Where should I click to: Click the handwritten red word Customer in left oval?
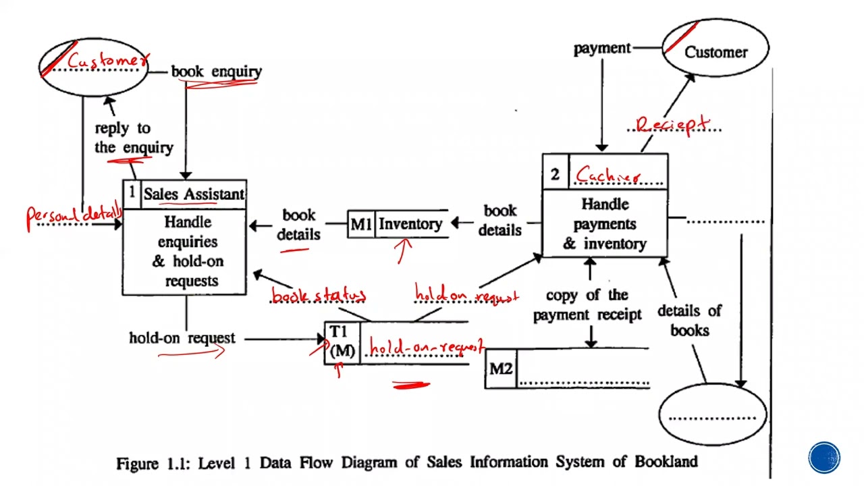pyautogui.click(x=107, y=62)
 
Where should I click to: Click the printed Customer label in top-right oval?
pyautogui.click(x=715, y=52)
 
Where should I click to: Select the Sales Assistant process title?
pyautogui.click(x=194, y=194)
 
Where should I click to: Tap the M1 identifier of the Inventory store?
pyautogui.click(x=360, y=224)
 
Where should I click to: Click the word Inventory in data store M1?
pyautogui.click(x=410, y=224)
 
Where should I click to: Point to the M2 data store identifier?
pyautogui.click(x=501, y=369)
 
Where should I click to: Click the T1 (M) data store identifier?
pyautogui.click(x=342, y=342)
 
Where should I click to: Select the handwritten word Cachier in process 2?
pyautogui.click(x=607, y=175)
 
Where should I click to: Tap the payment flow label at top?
pyautogui.click(x=602, y=49)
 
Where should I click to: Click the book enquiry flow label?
pyautogui.click(x=216, y=72)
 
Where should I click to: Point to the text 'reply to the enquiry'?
pyautogui.click(x=133, y=138)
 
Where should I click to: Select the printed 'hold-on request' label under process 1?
pyautogui.click(x=182, y=338)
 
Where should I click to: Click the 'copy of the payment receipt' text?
pyautogui.click(x=587, y=305)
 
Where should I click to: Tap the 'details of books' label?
pyautogui.click(x=689, y=321)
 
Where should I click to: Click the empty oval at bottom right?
pyautogui.click(x=712, y=412)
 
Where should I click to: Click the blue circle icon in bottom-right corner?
pyautogui.click(x=824, y=458)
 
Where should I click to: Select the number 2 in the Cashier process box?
pyautogui.click(x=555, y=175)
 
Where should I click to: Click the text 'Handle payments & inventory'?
pyautogui.click(x=605, y=224)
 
